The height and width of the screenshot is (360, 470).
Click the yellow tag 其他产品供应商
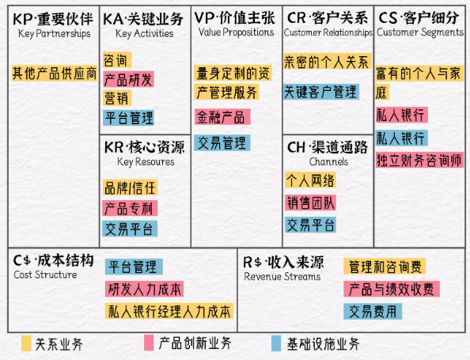pos(55,74)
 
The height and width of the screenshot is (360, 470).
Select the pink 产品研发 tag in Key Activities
pos(129,79)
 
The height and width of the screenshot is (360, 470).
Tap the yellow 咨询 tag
pos(117,60)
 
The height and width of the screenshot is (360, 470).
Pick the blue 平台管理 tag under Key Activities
pos(129,118)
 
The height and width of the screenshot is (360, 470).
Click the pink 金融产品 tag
pos(222,117)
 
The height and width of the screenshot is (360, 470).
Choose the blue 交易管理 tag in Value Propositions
pos(222,142)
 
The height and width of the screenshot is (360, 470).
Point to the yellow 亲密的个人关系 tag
pos(328,62)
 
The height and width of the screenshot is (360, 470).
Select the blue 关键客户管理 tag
pos(321,92)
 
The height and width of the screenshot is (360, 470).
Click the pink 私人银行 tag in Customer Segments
pos(402,115)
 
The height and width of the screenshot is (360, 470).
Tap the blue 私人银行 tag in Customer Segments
pos(402,138)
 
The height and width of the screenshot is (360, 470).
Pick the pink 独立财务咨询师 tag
pos(419,160)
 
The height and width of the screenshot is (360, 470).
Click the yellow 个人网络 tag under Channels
pos(310,180)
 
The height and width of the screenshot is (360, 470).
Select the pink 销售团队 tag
pos(310,203)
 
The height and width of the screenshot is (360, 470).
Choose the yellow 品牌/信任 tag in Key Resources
pos(130,188)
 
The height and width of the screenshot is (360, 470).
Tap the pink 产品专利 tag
pos(130,208)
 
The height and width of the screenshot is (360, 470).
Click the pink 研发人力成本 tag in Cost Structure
pos(144,289)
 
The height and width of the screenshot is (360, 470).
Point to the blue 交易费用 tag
pos(373,312)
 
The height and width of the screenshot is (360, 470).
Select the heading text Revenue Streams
pos(282,276)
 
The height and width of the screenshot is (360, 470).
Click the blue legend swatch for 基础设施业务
pos(276,343)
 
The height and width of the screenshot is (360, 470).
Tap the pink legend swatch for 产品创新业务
pos(149,343)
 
